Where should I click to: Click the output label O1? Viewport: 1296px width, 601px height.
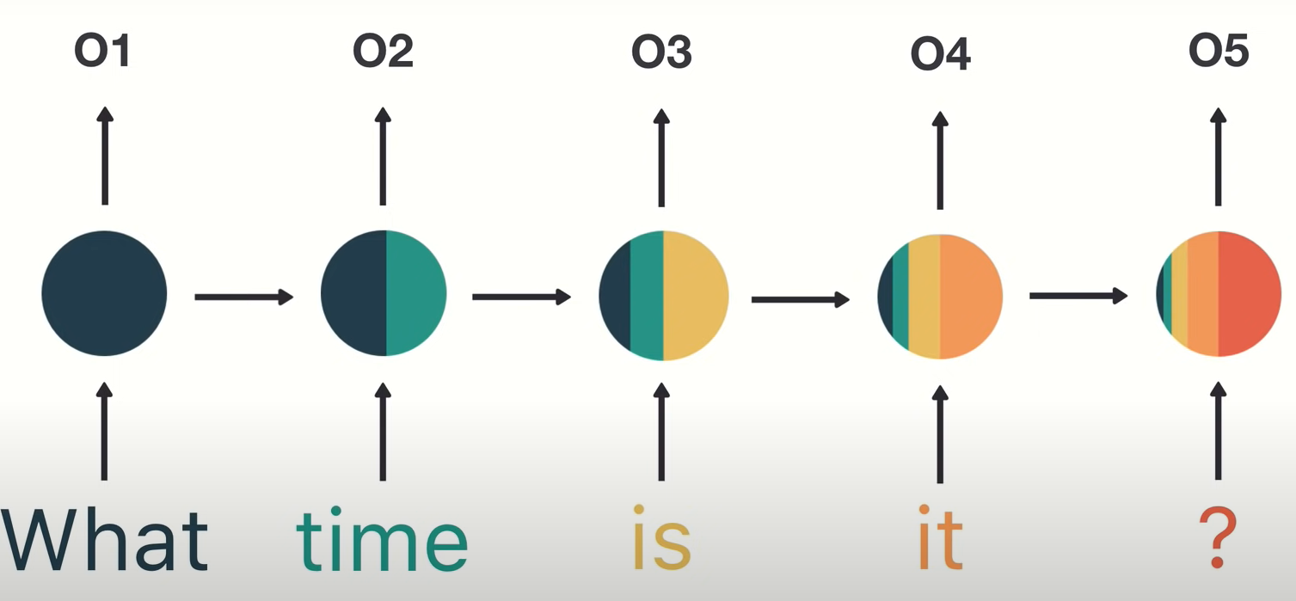[101, 51]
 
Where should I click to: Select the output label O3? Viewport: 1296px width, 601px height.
[661, 52]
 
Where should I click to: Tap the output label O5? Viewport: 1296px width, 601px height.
[1219, 51]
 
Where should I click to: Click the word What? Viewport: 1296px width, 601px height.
[105, 540]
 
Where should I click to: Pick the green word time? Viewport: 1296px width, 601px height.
[382, 539]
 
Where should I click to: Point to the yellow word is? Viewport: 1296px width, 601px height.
[662, 537]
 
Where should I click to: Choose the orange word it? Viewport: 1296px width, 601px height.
[940, 537]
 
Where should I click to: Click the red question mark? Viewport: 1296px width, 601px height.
[1218, 538]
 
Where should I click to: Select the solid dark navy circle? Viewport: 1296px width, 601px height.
[104, 293]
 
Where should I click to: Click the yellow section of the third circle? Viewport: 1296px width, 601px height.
[694, 296]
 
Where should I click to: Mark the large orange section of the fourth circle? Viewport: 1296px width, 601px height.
[970, 297]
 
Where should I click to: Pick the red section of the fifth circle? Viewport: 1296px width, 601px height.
[1250, 294]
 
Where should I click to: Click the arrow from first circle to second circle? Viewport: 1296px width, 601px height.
[244, 297]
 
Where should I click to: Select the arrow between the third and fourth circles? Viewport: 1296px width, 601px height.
[801, 299]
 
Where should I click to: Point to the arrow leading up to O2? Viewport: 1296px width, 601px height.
[383, 156]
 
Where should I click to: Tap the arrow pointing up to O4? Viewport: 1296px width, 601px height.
[940, 160]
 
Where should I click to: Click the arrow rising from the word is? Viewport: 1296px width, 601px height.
[661, 432]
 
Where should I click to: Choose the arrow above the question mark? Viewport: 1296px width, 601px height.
[1219, 431]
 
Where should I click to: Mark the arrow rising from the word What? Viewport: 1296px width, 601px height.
[104, 431]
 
